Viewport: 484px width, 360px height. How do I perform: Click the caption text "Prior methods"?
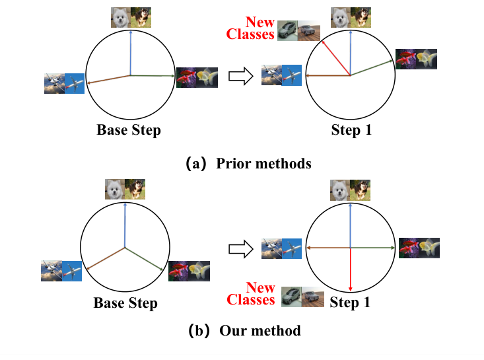click(263, 163)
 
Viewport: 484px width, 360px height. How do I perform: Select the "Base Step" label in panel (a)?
click(129, 129)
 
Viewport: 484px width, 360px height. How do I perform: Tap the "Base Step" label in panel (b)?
click(125, 303)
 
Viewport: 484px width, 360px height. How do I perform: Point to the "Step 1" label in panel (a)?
click(351, 130)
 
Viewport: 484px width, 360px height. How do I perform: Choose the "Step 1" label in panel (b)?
click(350, 303)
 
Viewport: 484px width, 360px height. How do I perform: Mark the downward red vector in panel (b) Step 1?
click(350, 270)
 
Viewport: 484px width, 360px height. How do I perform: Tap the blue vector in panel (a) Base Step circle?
click(131, 53)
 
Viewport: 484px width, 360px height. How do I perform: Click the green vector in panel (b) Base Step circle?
click(144, 259)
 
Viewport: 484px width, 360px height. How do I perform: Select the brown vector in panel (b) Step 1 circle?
click(328, 248)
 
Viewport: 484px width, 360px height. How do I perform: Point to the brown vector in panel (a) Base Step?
click(108, 79)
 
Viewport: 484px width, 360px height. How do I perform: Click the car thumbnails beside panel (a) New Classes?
click(298, 30)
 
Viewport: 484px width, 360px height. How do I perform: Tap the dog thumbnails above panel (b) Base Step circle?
click(125, 190)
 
